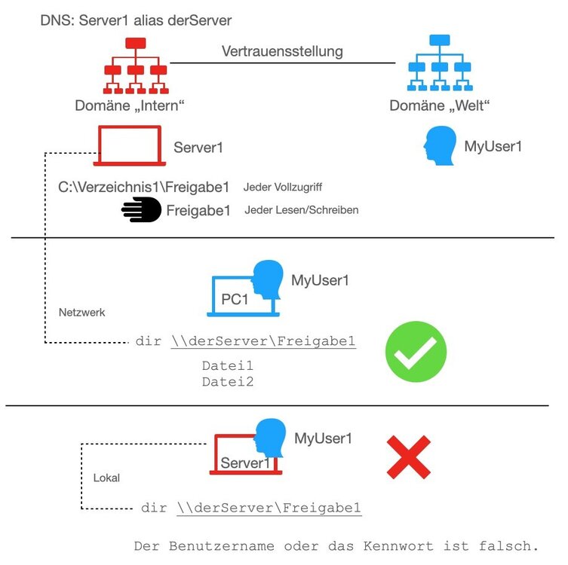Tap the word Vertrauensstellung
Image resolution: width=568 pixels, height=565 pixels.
(282, 52)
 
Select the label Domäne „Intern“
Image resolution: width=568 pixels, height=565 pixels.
(130, 106)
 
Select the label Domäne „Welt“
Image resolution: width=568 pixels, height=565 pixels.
(440, 106)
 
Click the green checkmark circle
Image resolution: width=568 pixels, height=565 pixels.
(416, 351)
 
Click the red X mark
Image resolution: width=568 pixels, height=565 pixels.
(409, 457)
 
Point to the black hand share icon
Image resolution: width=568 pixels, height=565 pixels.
(142, 210)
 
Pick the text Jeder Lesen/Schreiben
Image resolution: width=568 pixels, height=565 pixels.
(301, 210)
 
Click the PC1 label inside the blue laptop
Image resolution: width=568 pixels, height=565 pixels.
(235, 299)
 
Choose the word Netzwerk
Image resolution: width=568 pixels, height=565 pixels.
(81, 312)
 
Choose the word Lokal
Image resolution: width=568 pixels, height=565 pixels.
(106, 478)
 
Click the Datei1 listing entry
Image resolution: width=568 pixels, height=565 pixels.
(227, 366)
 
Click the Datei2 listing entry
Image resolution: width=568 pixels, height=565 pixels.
(227, 382)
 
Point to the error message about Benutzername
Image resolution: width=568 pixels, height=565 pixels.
(336, 545)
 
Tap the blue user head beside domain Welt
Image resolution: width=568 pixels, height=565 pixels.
(440, 145)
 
